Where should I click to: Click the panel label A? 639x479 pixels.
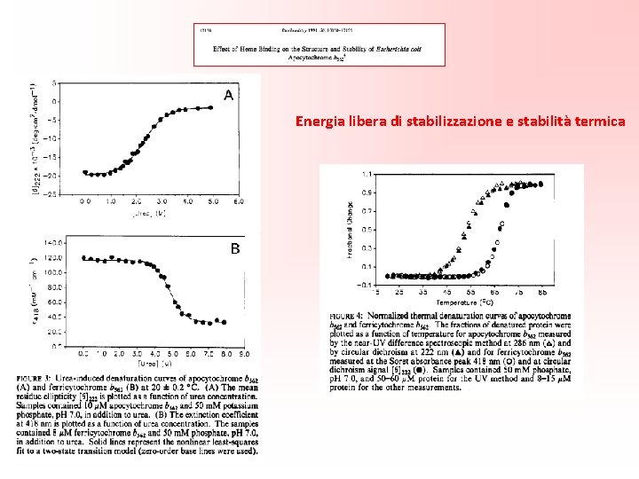(229, 95)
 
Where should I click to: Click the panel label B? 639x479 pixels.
(235, 249)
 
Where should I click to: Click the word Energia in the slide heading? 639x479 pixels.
(318, 121)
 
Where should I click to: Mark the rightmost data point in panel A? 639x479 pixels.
(211, 107)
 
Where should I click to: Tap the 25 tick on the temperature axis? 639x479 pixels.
(399, 291)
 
